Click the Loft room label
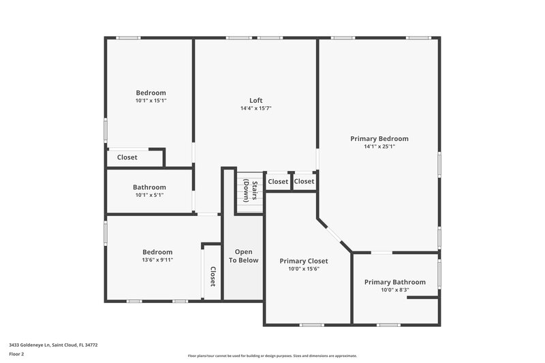click(x=255, y=100)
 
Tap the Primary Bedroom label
click(x=379, y=138)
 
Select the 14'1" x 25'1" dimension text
click(x=379, y=146)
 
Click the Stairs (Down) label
click(x=250, y=191)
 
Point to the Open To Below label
click(x=243, y=256)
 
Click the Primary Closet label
click(x=304, y=261)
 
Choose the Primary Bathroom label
click(x=394, y=282)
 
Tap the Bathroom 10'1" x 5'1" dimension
click(x=149, y=195)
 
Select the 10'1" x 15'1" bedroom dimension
click(x=151, y=101)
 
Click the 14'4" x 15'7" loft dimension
click(x=255, y=108)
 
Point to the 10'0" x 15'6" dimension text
click(x=304, y=269)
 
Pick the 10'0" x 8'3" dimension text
click(x=394, y=290)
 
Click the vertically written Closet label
click(x=213, y=276)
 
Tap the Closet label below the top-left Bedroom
click(x=127, y=157)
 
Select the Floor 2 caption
click(x=16, y=354)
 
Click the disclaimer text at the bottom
click(x=272, y=356)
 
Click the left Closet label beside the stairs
click(x=278, y=182)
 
